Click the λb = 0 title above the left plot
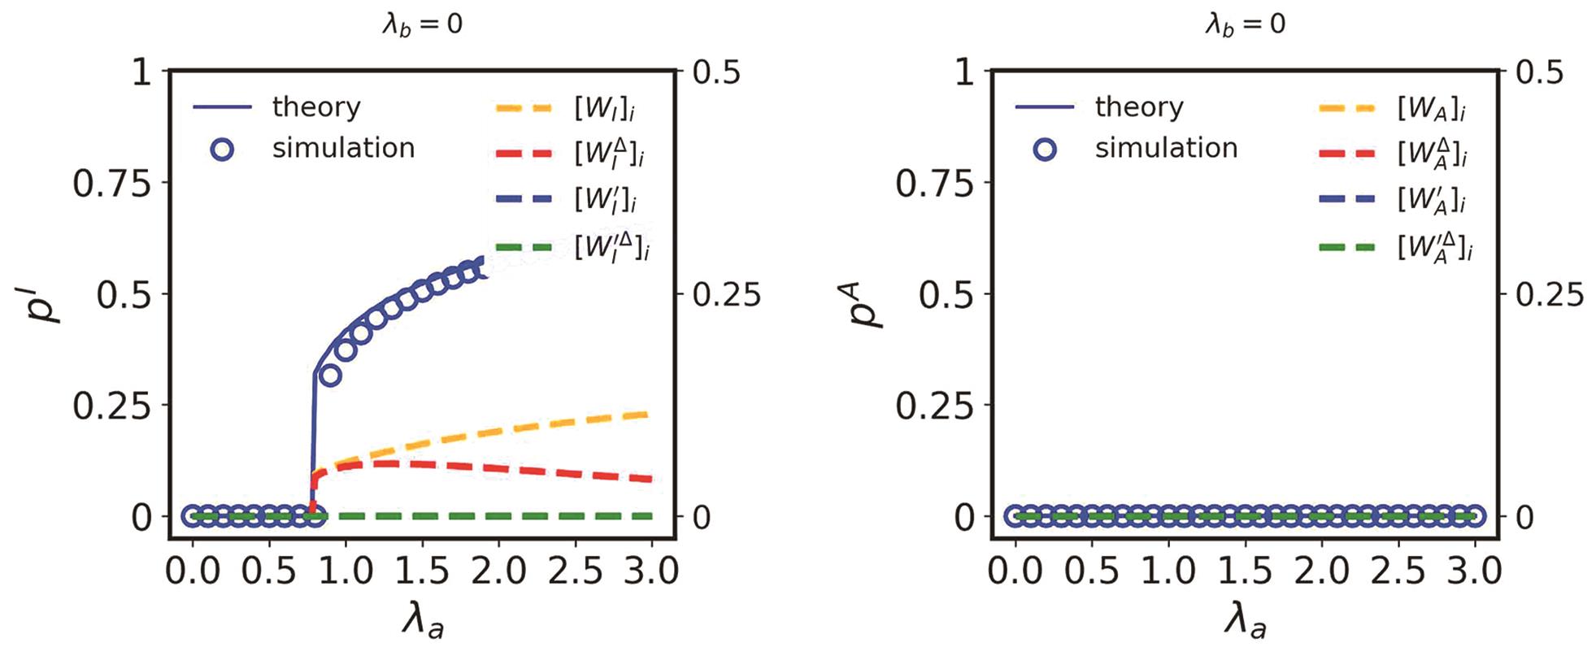422,24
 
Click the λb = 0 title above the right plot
1245,24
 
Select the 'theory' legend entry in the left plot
315,106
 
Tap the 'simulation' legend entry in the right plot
1165,148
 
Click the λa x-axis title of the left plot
423,622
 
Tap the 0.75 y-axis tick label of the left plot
112,185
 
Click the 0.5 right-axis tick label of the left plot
716,73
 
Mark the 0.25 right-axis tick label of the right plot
1550,294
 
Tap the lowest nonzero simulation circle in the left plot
329,375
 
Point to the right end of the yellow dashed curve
649,415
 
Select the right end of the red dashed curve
649,479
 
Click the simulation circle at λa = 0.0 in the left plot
193,515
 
